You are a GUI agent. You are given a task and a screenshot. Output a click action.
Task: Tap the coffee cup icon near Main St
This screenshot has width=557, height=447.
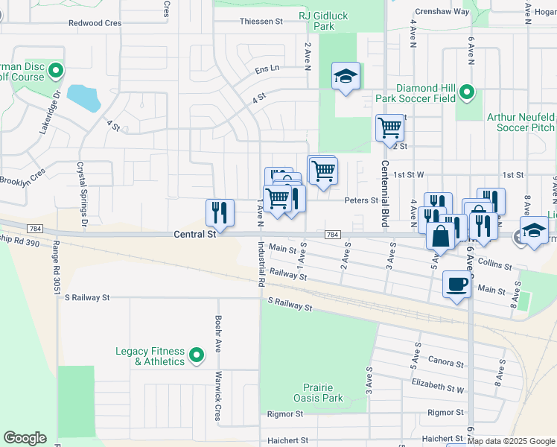coord(456,284)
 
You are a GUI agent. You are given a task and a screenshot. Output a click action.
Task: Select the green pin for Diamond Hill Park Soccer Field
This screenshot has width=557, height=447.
coord(466,92)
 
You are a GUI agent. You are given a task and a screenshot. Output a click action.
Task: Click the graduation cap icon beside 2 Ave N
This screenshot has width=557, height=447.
coord(346,76)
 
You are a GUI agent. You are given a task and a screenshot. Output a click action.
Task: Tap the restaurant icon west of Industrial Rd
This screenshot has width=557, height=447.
coord(220,212)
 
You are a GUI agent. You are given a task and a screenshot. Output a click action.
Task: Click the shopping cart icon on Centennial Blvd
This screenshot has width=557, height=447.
coord(389,127)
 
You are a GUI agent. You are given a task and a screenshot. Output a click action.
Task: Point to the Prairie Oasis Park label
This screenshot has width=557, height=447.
coord(322,393)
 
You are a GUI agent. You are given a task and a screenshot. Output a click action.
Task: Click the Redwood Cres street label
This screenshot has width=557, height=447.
coord(95,23)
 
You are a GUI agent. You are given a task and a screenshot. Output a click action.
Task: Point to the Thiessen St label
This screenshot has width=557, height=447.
coord(261,22)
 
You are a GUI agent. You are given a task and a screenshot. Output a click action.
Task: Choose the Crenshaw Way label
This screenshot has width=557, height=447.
coord(442,12)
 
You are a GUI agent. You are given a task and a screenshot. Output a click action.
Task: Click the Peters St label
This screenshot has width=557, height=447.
coord(361,200)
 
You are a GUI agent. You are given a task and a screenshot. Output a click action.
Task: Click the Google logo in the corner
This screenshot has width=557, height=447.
coord(25,438)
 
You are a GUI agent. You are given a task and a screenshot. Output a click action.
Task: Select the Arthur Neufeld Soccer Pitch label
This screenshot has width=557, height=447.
coord(521,123)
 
